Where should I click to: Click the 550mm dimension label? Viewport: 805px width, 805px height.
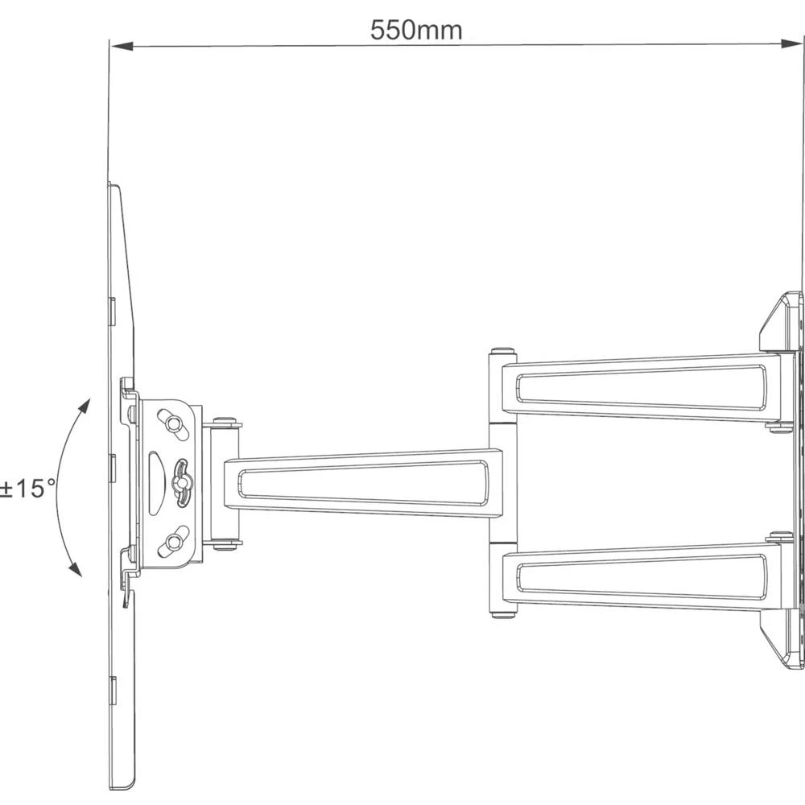pos(416,31)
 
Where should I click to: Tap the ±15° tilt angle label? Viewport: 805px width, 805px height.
pos(27,489)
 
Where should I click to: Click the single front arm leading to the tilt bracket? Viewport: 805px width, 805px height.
pos(362,481)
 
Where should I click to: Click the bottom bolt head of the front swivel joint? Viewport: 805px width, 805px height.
pos(225,545)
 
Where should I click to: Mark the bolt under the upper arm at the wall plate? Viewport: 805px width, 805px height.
pos(779,427)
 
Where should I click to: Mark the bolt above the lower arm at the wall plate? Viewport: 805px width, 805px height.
pos(779,535)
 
